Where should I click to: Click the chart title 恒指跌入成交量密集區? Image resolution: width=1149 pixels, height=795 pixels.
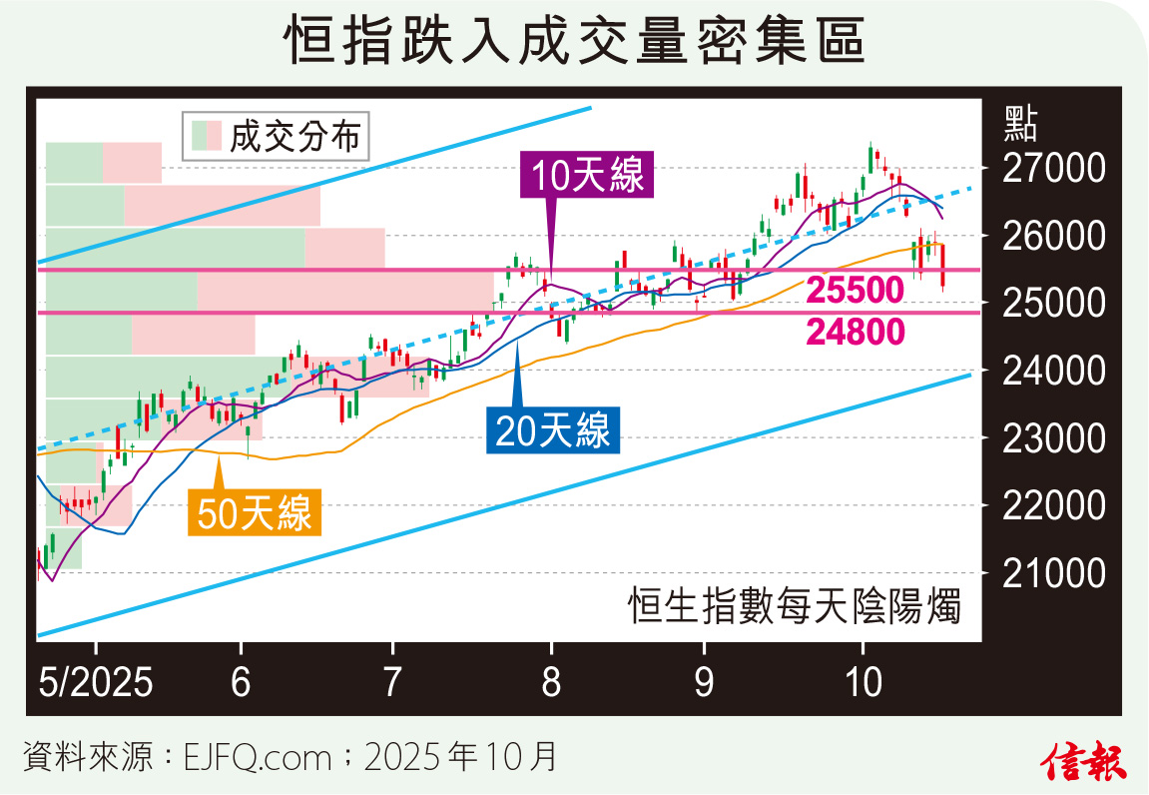pyautogui.click(x=574, y=42)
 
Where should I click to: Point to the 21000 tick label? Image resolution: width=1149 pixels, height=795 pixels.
pyautogui.click(x=1040, y=573)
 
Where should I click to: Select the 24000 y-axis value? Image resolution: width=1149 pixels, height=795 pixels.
pyautogui.click(x=1040, y=371)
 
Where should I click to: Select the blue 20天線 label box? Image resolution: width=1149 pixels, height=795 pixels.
pyautogui.click(x=552, y=431)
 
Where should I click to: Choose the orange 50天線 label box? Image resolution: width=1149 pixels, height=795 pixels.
pyautogui.click(x=254, y=514)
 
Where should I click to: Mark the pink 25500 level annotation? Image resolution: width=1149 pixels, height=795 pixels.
pyautogui.click(x=856, y=291)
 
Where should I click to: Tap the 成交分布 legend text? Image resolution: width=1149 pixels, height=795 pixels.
pyautogui.click(x=294, y=136)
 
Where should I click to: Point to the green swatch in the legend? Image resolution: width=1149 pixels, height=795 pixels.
pyautogui.click(x=202, y=136)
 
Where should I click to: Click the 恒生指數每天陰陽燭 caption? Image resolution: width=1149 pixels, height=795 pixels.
pyautogui.click(x=795, y=606)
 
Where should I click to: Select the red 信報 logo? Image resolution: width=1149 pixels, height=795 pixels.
pyautogui.click(x=1084, y=762)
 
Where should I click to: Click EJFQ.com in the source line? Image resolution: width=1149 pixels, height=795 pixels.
pyautogui.click(x=258, y=758)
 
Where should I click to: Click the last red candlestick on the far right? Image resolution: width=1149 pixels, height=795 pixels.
pyautogui.click(x=944, y=267)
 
